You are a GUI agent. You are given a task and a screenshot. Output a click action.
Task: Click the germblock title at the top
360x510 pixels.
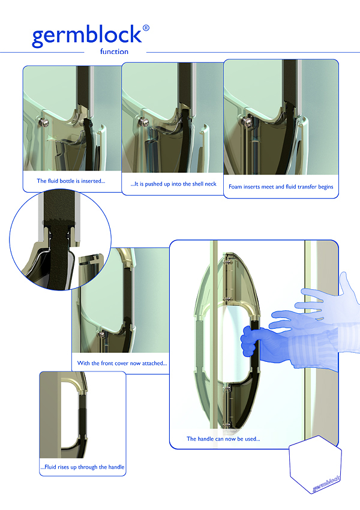(x=87, y=36)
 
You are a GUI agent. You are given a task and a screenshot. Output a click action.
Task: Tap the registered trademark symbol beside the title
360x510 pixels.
(x=146, y=28)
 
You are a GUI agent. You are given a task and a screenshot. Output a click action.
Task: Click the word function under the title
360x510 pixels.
(x=114, y=52)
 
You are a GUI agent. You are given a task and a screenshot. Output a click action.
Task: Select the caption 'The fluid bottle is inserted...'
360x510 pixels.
(x=71, y=181)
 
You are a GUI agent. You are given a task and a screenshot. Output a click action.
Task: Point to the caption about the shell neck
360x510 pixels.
(x=173, y=184)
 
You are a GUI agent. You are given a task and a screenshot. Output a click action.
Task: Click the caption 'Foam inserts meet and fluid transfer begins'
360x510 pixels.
(x=281, y=187)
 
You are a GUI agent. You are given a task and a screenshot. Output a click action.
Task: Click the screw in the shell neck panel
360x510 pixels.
(x=143, y=122)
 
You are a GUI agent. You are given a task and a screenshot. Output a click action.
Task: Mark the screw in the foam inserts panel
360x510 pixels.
(x=246, y=122)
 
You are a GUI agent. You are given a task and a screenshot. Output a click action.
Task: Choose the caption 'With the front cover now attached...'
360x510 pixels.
(x=122, y=364)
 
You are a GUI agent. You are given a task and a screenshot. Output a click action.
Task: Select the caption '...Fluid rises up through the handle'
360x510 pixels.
(x=82, y=467)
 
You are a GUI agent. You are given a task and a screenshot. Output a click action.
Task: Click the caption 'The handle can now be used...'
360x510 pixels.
(x=223, y=439)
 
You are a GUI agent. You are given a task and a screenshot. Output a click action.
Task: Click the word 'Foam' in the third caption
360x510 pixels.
(x=235, y=187)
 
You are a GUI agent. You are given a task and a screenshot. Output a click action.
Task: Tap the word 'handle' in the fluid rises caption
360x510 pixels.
(x=116, y=467)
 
